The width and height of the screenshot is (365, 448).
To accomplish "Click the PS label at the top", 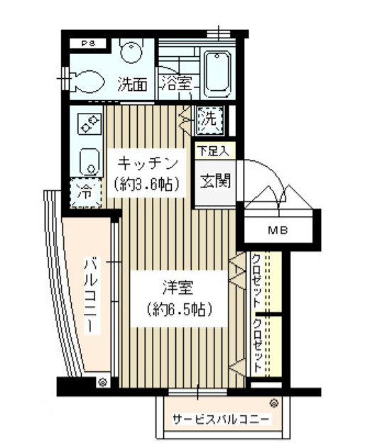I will (88, 43).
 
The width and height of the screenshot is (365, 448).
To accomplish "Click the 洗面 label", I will (131, 84).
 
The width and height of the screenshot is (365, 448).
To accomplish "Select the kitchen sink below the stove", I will (89, 160).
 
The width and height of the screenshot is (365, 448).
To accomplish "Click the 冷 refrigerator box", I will (83, 192).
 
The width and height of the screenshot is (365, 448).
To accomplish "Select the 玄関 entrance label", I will (212, 180).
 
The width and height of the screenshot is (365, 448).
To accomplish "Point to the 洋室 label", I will (178, 288).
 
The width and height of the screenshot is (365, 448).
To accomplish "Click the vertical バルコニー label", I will (91, 296).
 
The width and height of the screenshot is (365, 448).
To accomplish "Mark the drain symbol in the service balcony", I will (273, 403).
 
